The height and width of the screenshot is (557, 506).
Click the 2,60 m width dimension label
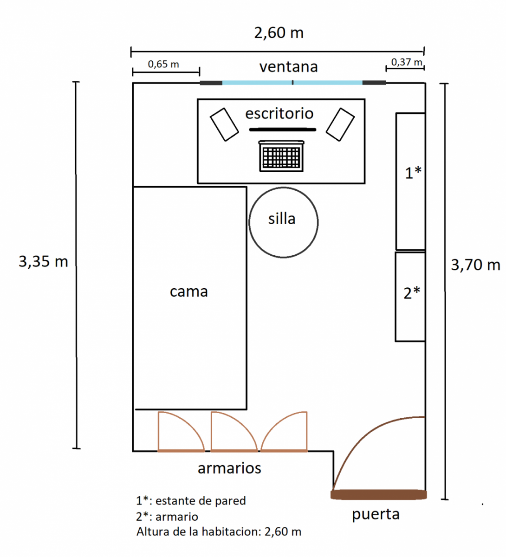click(279, 33)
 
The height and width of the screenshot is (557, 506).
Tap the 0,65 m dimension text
click(163, 64)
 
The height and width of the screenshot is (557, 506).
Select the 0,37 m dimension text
click(407, 62)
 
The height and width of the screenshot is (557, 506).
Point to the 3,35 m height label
click(43, 262)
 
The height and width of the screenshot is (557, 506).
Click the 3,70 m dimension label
click(475, 265)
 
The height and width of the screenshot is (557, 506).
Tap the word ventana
click(288, 67)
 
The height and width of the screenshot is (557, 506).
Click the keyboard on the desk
click(281, 156)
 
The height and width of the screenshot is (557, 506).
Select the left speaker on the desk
click(225, 124)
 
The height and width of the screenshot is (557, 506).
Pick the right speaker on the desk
click(340, 124)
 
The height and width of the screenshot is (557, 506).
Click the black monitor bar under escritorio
click(282, 130)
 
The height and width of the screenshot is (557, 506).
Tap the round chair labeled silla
click(283, 222)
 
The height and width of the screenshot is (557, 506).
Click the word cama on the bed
click(188, 291)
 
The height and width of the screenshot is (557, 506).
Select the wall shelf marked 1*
click(410, 181)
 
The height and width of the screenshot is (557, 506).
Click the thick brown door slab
click(378, 495)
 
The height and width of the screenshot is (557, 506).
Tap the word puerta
click(376, 514)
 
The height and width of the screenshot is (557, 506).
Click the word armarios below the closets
click(229, 468)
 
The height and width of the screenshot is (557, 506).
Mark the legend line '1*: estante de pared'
click(191, 501)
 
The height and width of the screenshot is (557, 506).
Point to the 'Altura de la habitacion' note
click(219, 531)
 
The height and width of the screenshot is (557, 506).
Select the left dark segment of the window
click(211, 83)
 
